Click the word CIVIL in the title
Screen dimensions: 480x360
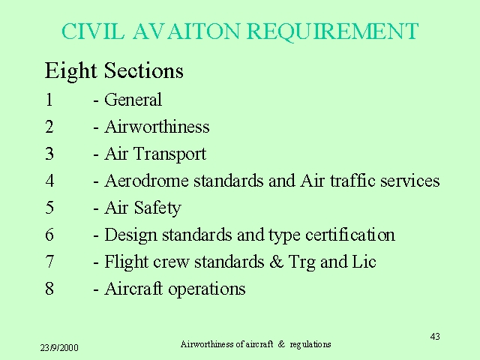pyautogui.click(x=93, y=31)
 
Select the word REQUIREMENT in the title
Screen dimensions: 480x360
pyautogui.click(x=333, y=31)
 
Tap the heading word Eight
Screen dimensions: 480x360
pyautogui.click(x=71, y=71)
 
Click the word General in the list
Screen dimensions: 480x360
pyautogui.click(x=133, y=100)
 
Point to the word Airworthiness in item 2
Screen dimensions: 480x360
pyautogui.click(x=157, y=127)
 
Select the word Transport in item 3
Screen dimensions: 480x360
pyautogui.click(x=170, y=154)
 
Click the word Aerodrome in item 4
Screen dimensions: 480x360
pyautogui.click(x=147, y=181)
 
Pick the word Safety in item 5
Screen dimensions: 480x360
pyautogui.click(x=157, y=208)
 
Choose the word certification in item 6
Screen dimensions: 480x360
pyautogui.click(x=350, y=235)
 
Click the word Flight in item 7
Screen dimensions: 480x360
pyautogui.click(x=127, y=262)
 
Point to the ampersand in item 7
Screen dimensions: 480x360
pyautogui.click(x=277, y=262)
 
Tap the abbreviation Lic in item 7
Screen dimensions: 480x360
pyautogui.click(x=364, y=262)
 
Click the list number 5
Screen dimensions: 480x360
pyautogui.click(x=49, y=208)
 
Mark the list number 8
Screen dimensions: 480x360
pyautogui.click(x=49, y=289)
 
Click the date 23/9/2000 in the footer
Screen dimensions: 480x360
pyautogui.click(x=59, y=348)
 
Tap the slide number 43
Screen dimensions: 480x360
pyautogui.click(x=435, y=337)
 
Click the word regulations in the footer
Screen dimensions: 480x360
pyautogui.click(x=310, y=345)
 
